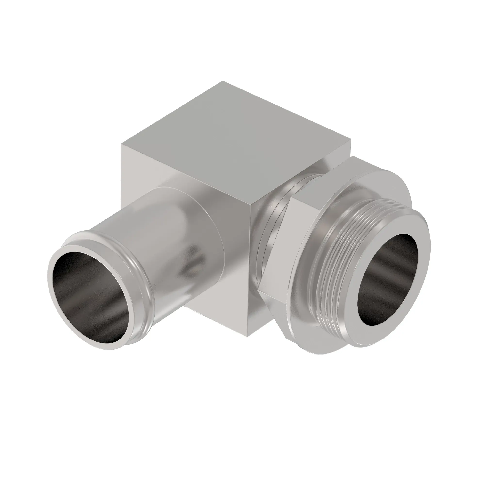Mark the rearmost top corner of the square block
click(x=222, y=81)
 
